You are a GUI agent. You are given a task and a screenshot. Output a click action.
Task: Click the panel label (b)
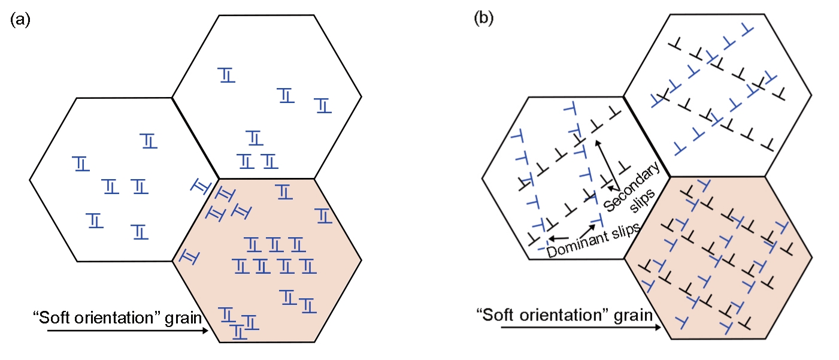483,18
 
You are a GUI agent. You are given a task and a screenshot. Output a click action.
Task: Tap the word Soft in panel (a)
49,317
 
